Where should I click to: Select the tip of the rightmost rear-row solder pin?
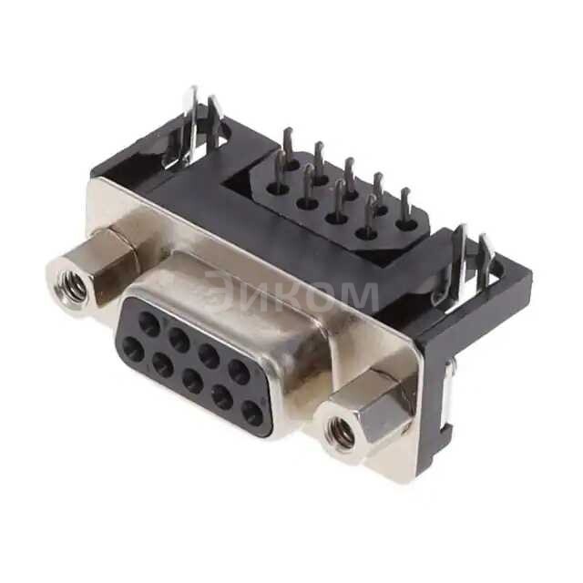(x=405, y=193)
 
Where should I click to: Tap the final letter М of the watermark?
(x=359, y=295)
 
